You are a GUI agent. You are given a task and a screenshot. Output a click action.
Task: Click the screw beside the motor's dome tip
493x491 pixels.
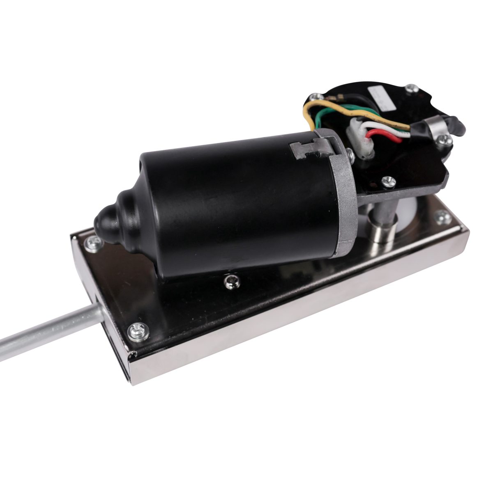pyautogui.click(x=92, y=245)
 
